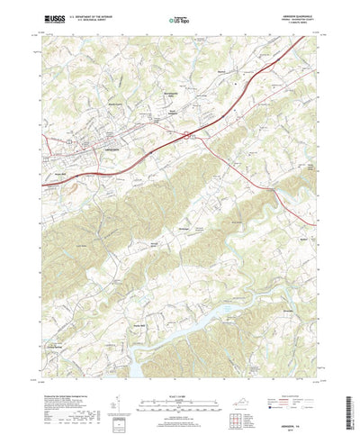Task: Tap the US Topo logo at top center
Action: point(179,18)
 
